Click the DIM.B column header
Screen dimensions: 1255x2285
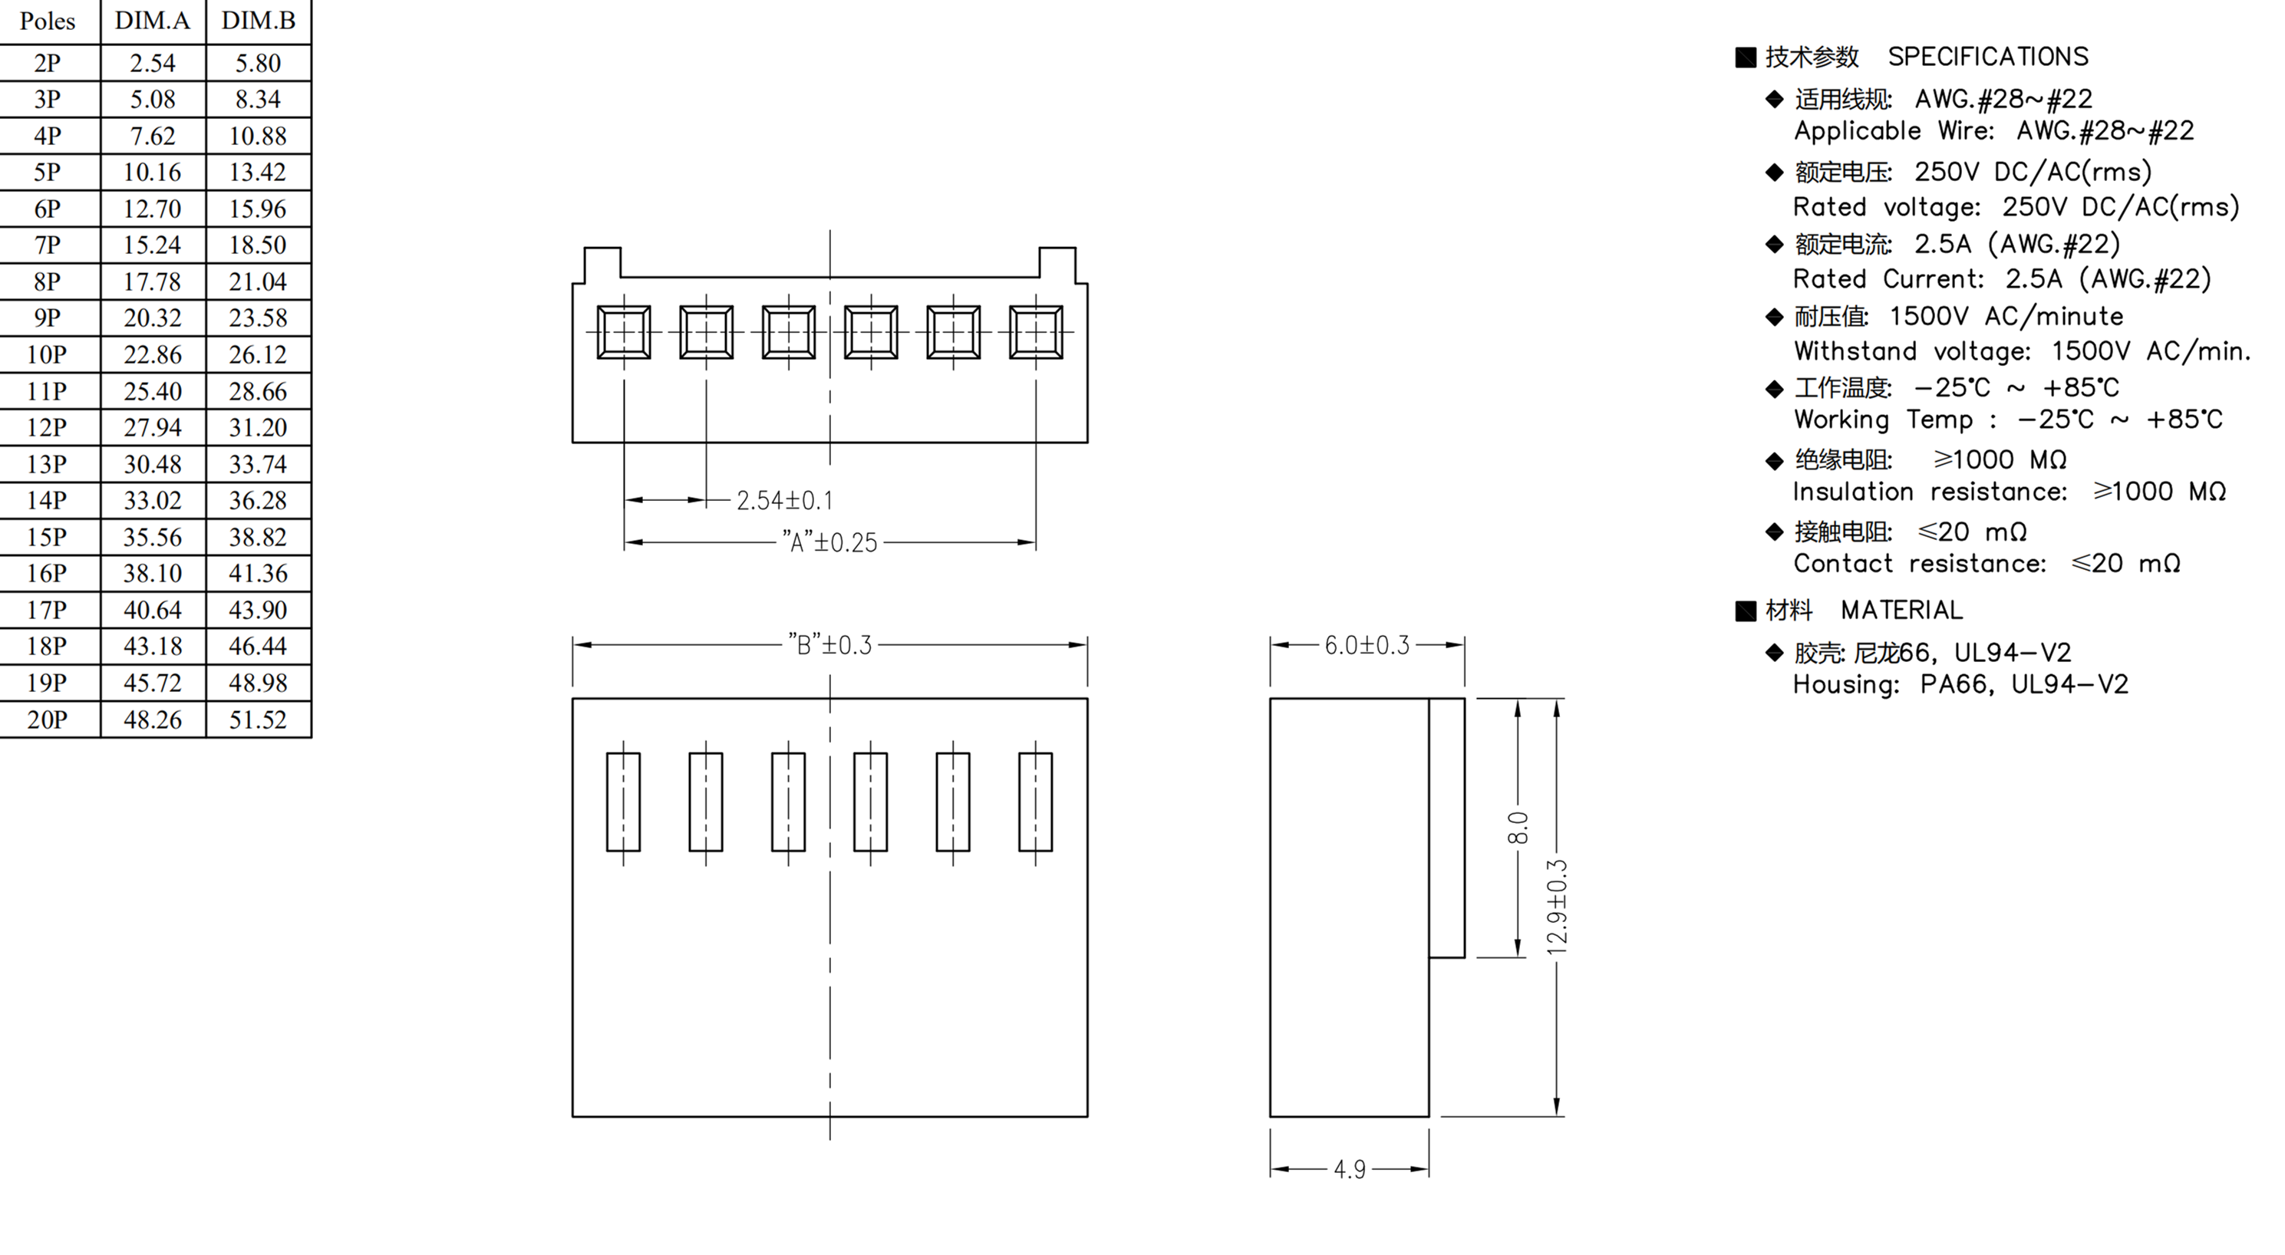258,21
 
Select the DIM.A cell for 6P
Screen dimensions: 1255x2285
153,209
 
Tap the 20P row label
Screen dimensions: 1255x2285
47,720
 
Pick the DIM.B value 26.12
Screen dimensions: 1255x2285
258,354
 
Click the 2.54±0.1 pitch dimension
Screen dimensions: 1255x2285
784,500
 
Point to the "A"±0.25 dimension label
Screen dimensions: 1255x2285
829,542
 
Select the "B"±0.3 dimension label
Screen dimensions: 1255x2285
829,645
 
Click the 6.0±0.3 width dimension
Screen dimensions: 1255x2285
1366,645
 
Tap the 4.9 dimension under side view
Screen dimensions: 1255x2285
1349,1169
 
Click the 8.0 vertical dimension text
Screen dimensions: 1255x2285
1518,828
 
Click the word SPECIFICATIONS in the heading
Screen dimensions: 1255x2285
1987,57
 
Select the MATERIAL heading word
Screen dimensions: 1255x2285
1901,610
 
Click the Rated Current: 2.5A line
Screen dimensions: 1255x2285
2001,279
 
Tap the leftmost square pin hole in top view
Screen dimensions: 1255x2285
624,333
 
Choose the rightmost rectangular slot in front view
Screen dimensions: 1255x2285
1035,802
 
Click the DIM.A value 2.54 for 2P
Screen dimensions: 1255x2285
153,63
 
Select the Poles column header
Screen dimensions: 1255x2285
47,21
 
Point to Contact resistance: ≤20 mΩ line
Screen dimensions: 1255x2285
1986,564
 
